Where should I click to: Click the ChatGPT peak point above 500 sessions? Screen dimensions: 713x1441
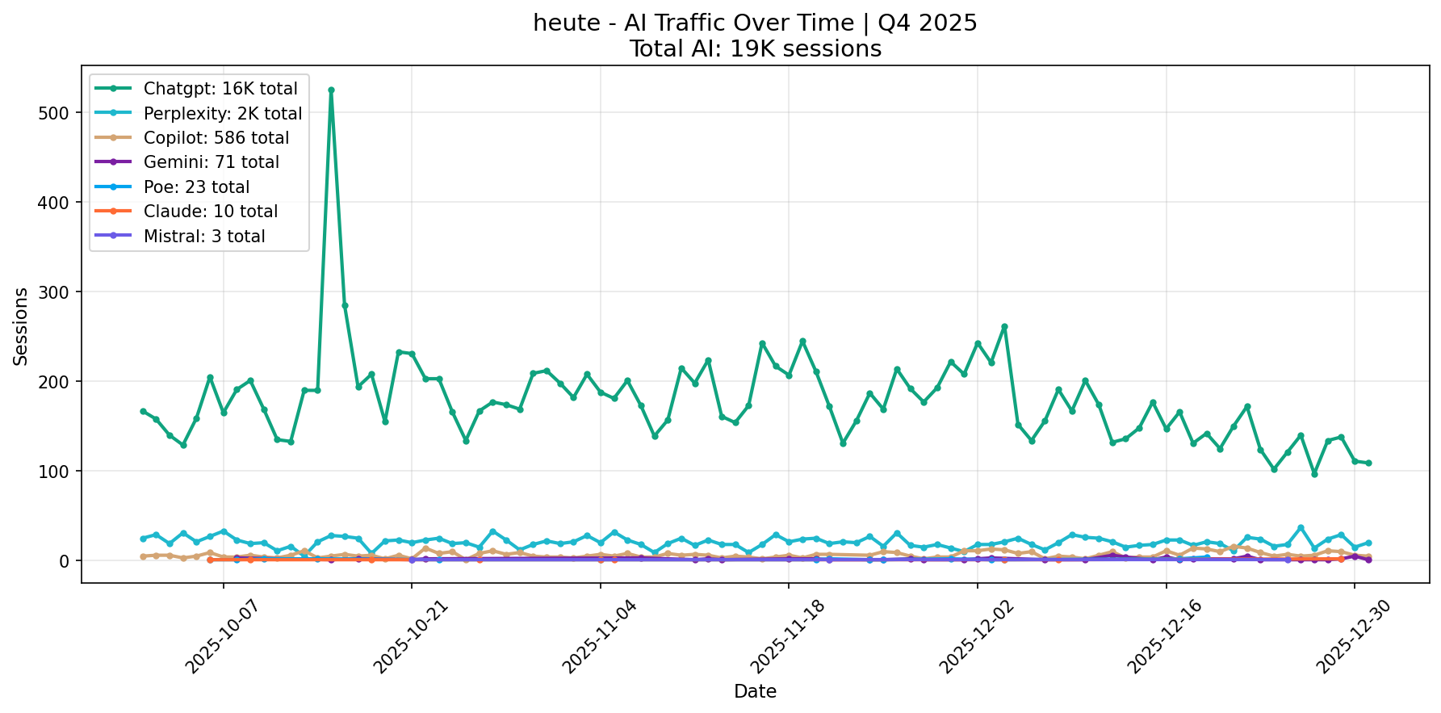point(331,90)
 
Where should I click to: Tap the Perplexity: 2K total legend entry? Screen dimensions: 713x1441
point(222,114)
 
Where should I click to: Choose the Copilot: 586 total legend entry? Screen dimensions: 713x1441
point(216,138)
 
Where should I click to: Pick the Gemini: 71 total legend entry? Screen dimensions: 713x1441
point(211,162)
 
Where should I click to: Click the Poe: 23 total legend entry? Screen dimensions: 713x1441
point(196,187)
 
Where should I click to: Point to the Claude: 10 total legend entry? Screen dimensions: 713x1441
point(210,212)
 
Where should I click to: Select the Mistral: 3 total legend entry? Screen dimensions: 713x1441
point(203,237)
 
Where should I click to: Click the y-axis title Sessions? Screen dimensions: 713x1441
point(21,326)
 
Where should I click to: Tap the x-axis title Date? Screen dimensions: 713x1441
point(755,691)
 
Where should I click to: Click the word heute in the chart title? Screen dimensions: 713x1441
point(563,23)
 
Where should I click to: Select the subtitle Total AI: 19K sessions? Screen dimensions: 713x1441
point(755,49)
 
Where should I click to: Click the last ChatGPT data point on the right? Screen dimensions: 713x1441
point(1368,463)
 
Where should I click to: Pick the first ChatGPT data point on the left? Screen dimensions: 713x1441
point(143,411)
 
